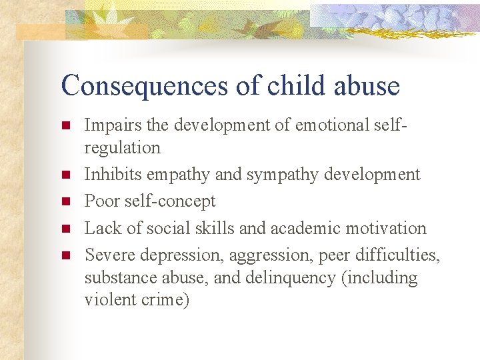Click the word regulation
[123, 147]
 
